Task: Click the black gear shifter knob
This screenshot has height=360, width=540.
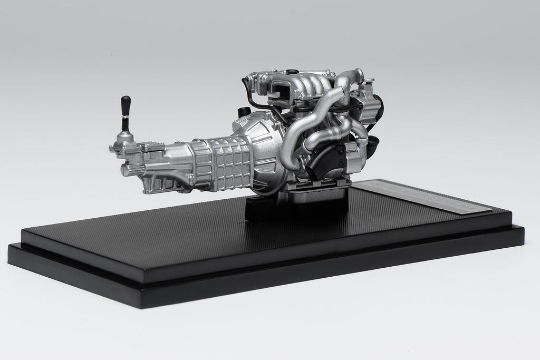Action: (x=126, y=105)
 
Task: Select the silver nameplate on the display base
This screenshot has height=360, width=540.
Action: (x=421, y=196)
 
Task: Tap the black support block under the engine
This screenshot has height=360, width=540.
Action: (x=295, y=206)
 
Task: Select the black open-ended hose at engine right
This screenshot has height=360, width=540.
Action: (x=373, y=142)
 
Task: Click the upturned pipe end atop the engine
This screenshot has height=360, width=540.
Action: (x=359, y=74)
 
